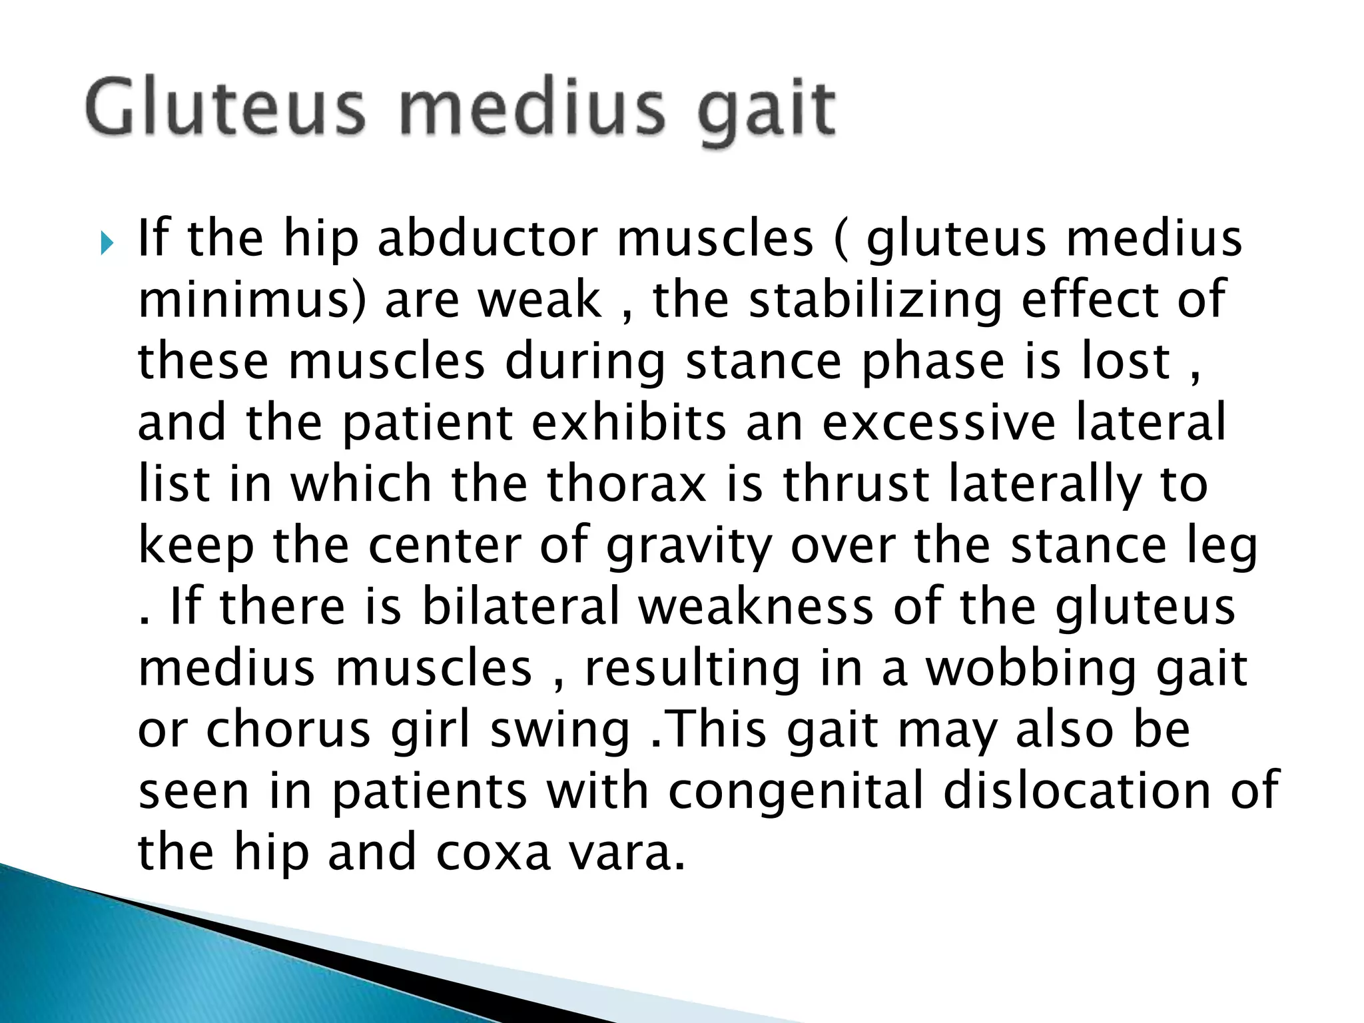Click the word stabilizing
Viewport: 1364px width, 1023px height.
tap(875, 301)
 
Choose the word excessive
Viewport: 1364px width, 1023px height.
tap(939, 423)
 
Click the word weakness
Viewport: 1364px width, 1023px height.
tap(756, 607)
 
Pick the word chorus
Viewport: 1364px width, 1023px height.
tap(288, 730)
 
